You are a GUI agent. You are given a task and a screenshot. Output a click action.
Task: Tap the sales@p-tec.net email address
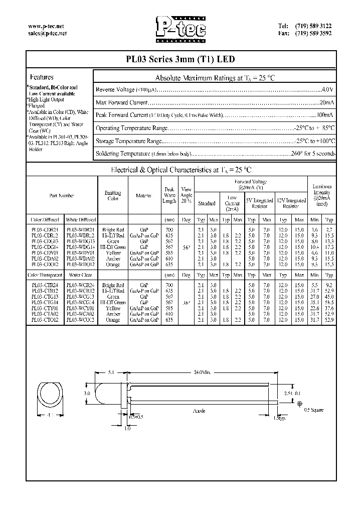48,33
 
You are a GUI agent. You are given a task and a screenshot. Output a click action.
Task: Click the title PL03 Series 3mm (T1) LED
180,59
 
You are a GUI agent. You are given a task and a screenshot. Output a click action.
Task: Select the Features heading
42,78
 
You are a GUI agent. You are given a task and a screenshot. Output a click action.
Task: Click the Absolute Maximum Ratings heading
215,78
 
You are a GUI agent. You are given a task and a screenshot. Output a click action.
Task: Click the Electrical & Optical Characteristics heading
180,170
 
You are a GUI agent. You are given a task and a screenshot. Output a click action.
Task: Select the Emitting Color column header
113,196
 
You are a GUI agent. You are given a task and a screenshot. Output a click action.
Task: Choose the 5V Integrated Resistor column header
259,203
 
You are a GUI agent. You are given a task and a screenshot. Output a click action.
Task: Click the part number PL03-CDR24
45,229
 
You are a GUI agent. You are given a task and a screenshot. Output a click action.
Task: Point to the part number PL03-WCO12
80,319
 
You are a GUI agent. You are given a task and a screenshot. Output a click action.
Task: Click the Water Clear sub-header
80,276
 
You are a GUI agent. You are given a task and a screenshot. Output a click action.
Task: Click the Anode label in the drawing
200,411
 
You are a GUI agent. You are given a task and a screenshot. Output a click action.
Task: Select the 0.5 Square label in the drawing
314,410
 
